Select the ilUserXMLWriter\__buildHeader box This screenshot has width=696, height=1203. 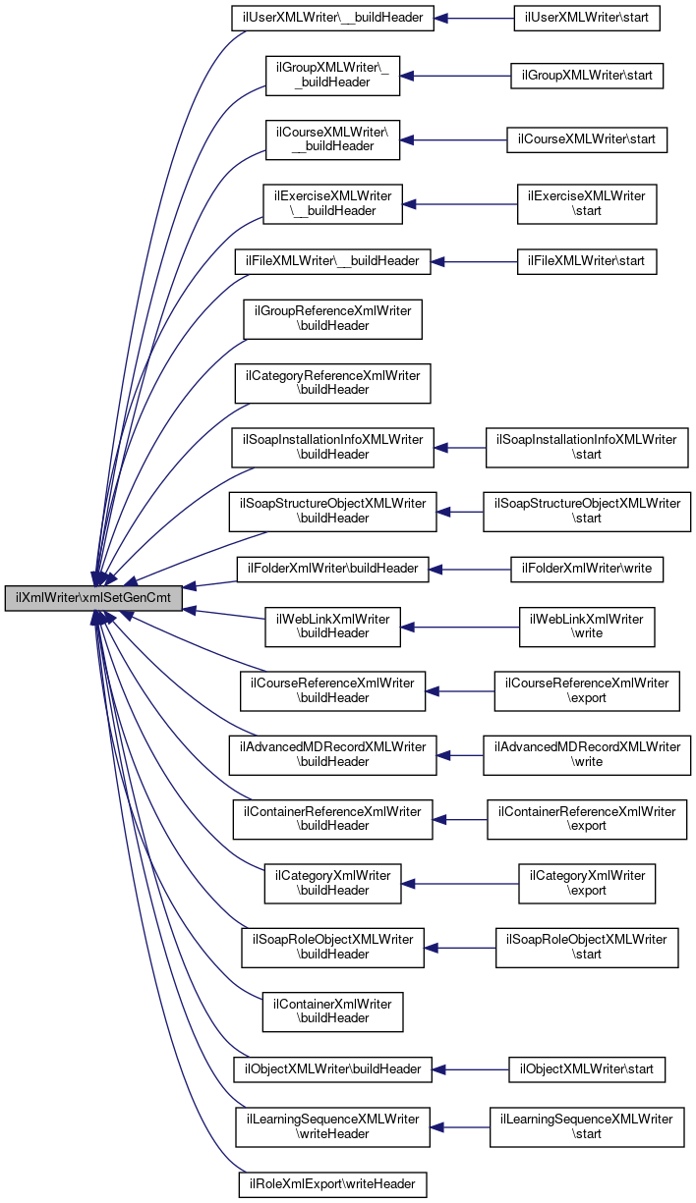tap(332, 19)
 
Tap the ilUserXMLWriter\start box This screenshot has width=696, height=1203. tap(587, 19)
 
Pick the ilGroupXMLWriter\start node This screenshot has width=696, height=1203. tap(587, 76)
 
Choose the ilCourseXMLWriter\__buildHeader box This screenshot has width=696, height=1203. tap(332, 139)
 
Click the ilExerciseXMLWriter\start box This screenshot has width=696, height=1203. tap(587, 203)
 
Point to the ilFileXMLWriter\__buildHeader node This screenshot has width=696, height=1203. tap(332, 261)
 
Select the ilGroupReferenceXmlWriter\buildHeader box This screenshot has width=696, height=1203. tap(332, 319)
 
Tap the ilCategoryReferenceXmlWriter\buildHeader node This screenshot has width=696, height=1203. tap(332, 383)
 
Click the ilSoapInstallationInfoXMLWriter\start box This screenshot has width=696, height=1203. tap(587, 447)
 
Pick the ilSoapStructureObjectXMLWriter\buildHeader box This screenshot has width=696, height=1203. tap(332, 511)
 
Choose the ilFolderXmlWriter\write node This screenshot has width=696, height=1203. tap(587, 568)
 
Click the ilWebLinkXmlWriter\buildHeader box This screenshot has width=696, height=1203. tap(332, 627)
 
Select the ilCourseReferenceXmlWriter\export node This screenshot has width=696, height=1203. tap(587, 690)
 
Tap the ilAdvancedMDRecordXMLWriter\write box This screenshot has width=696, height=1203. tap(587, 754)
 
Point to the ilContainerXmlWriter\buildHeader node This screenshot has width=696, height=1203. tap(332, 1011)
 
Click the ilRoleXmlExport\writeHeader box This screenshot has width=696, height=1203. tap(332, 1185)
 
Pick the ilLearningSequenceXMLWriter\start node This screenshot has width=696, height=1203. tap(587, 1126)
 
